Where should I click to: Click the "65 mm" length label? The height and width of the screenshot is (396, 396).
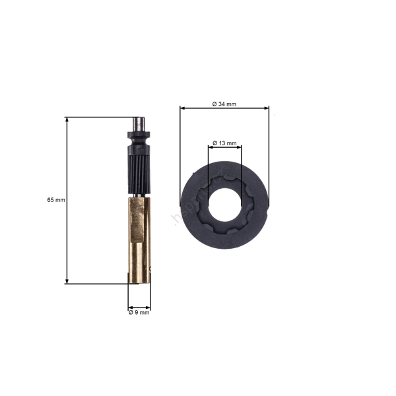coord(56,199)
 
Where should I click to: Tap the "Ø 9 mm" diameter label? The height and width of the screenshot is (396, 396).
coord(139,313)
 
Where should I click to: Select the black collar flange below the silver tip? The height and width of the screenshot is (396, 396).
coord(139,137)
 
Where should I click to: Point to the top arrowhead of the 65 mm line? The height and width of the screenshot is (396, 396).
coord(67,120)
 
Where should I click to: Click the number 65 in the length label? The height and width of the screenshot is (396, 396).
coord(51,199)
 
